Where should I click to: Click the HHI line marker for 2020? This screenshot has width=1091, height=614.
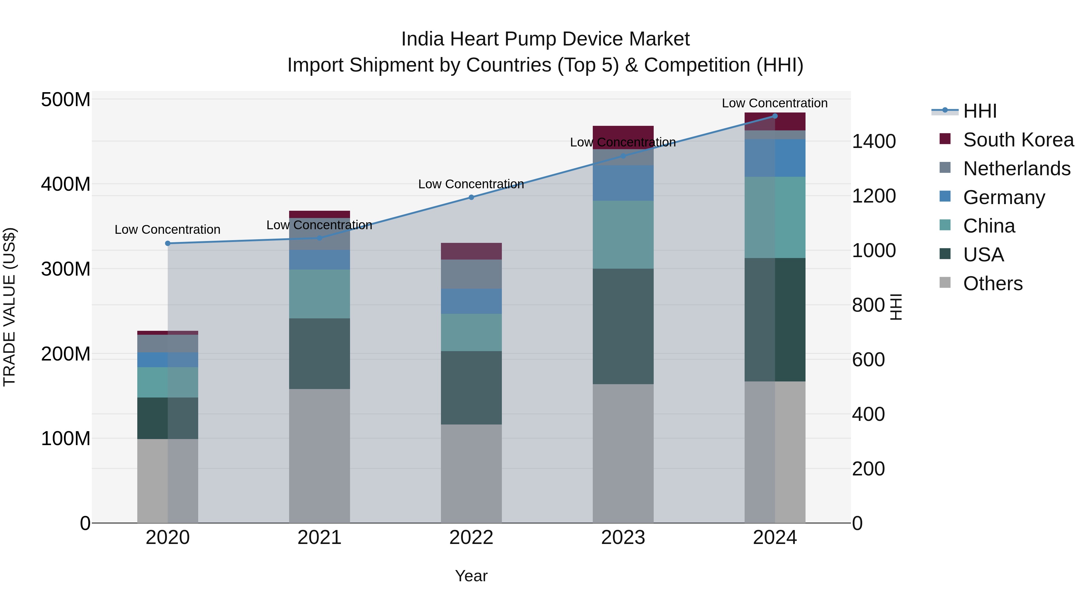[168, 243]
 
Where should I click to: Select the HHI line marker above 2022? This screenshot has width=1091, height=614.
[471, 197]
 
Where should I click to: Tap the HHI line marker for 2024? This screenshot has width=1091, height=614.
[775, 116]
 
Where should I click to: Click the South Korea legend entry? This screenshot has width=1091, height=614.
[1018, 140]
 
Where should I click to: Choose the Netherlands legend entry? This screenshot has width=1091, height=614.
[1016, 169]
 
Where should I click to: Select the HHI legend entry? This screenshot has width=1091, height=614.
[979, 111]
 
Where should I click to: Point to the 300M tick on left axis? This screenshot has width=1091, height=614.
[66, 269]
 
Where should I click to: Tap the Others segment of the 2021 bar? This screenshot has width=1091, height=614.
[319, 455]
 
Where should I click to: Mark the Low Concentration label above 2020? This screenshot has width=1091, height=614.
[168, 230]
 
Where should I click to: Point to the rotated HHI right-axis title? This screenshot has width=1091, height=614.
[896, 307]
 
